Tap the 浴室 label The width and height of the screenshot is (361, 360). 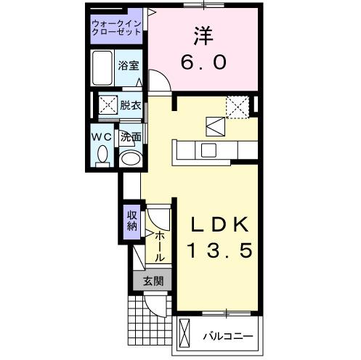[129, 65]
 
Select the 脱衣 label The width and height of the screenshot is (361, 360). [130, 105]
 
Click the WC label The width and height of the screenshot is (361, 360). [100, 136]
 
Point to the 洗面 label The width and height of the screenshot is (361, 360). [130, 136]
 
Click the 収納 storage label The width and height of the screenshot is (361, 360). [131, 220]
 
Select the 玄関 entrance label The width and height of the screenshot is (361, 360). [153, 281]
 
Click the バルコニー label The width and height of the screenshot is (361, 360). [227, 337]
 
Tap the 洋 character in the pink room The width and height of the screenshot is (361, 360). [203, 34]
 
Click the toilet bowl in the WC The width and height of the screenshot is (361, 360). [102, 155]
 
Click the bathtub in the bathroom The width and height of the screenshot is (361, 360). [103, 69]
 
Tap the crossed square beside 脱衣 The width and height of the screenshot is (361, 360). [108, 105]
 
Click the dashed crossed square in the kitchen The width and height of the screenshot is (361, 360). [237, 106]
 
